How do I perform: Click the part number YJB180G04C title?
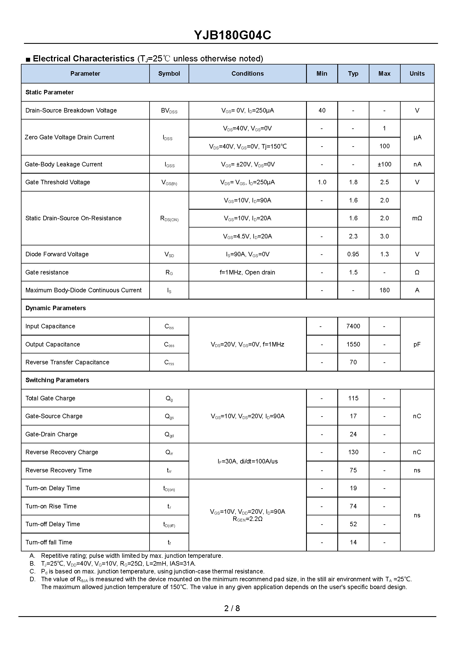(x=232, y=35)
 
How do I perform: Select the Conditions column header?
(x=247, y=74)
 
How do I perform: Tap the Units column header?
(x=417, y=74)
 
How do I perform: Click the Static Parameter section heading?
(x=49, y=92)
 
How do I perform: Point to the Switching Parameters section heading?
(x=57, y=380)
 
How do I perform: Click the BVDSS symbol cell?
(x=169, y=111)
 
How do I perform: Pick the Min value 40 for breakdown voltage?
(x=322, y=111)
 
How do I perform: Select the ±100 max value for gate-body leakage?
(x=384, y=164)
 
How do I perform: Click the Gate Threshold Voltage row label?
(x=58, y=182)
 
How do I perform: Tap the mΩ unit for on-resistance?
(x=417, y=218)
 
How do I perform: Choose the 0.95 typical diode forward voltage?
(x=353, y=254)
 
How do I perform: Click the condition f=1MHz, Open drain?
(x=247, y=272)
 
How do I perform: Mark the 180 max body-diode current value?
(x=384, y=290)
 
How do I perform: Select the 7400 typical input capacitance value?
(x=353, y=326)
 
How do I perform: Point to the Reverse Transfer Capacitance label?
(x=68, y=362)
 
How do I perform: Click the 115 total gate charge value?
(x=353, y=398)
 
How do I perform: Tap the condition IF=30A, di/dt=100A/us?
(x=247, y=461)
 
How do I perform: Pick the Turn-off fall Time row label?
(x=49, y=542)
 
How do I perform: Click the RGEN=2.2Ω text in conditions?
(x=247, y=519)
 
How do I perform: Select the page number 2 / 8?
(x=232, y=608)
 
